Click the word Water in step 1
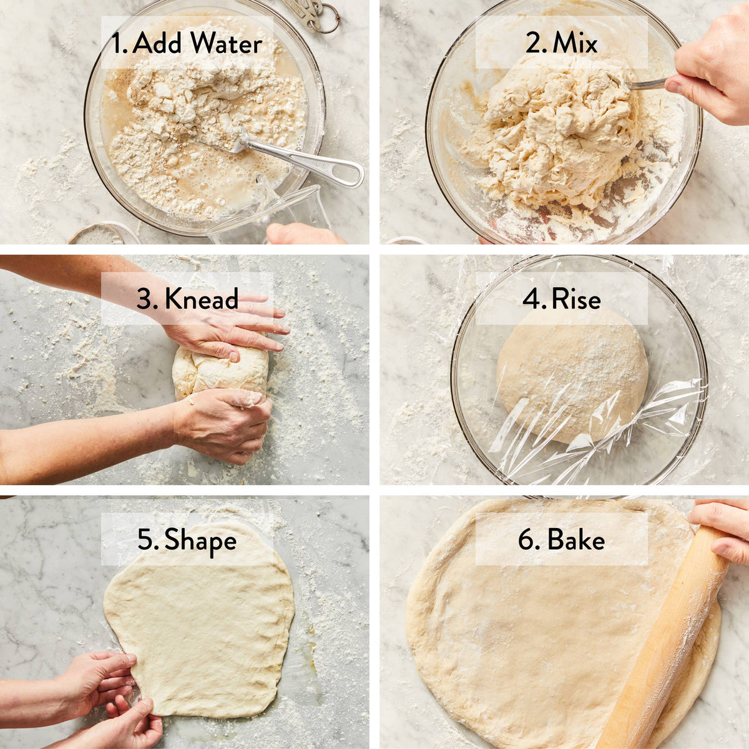(x=226, y=43)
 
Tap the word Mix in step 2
(x=575, y=43)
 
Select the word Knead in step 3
(x=201, y=299)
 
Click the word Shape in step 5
(x=200, y=540)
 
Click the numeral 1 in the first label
(x=116, y=43)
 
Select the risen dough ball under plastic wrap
(x=571, y=374)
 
